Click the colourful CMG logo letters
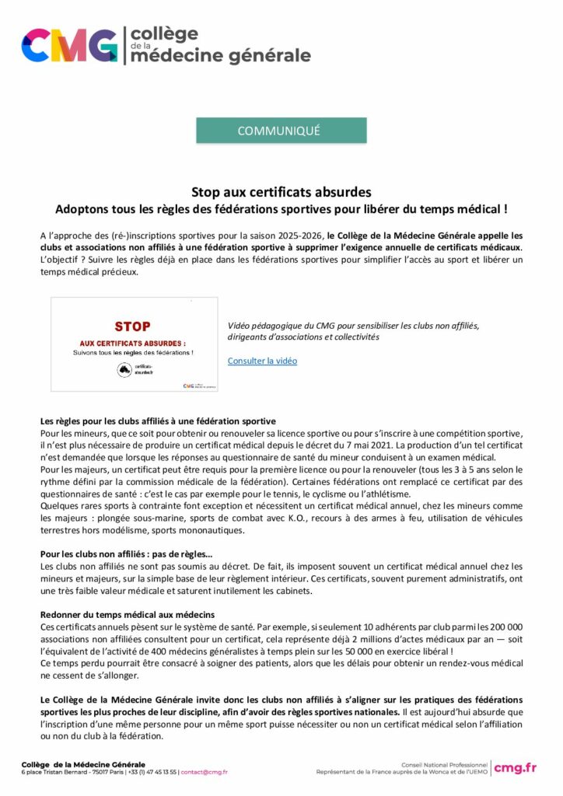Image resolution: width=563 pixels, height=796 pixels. coord(70,45)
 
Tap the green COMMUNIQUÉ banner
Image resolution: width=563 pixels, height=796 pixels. coord(281,131)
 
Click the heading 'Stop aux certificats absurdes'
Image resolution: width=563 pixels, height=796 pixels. coord(281,191)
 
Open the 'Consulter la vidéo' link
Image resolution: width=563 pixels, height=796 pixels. coord(262,361)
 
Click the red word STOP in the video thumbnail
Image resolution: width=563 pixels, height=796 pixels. coord(132,326)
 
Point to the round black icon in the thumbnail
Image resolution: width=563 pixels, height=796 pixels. coord(123,370)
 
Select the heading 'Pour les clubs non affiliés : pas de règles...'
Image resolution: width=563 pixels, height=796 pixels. coord(126,554)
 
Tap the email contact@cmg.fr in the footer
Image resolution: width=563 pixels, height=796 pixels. coord(205,772)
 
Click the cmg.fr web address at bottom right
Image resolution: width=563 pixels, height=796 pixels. coord(515,768)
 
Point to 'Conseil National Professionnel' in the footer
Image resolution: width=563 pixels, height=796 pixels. coord(444,764)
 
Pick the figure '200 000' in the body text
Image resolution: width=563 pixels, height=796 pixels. coord(504,626)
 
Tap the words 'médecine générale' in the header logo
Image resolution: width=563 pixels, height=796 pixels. coord(221,54)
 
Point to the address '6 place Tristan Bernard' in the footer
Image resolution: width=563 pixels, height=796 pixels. coord(57,772)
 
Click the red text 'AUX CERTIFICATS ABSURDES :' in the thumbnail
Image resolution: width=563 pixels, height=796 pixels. coord(132,342)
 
